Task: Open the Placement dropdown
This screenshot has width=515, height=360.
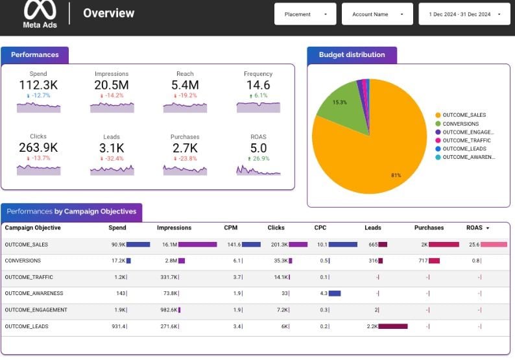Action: tap(305, 14)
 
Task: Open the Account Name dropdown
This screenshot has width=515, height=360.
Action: tap(377, 14)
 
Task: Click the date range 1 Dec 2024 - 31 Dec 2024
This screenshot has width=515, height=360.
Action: tap(464, 14)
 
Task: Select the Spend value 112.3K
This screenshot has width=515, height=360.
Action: tap(38, 85)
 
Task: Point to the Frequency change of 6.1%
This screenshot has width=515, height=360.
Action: tap(258, 95)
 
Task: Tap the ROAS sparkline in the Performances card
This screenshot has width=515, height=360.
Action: tap(258, 171)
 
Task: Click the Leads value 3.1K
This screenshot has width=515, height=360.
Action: tap(112, 148)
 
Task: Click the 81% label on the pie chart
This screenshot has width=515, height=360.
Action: tap(396, 175)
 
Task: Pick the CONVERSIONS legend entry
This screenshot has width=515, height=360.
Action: tap(461, 124)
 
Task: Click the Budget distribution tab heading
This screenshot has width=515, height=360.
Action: tap(352, 55)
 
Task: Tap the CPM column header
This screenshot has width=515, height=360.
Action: tap(231, 228)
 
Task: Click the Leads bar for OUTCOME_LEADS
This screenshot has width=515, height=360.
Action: tap(393, 326)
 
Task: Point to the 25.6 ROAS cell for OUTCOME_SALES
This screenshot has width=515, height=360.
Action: tap(474, 245)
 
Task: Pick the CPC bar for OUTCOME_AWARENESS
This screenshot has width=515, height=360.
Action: tap(335, 293)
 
